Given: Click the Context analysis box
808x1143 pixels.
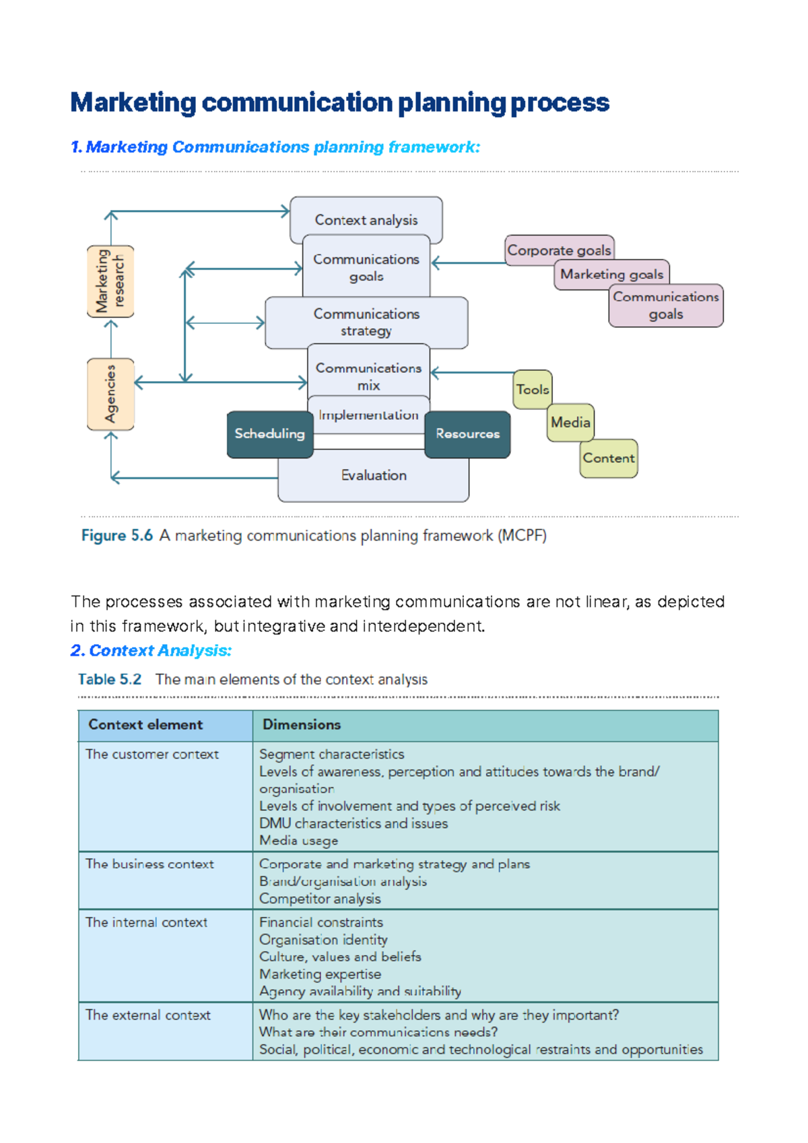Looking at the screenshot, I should (366, 219).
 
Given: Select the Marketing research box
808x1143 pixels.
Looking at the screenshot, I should (110, 281).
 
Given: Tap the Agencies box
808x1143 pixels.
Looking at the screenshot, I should (110, 394).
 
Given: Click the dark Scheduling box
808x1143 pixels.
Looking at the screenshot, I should (269, 434).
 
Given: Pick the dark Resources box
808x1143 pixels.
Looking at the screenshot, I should (467, 434).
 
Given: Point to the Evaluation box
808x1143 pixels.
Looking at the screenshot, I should (373, 476).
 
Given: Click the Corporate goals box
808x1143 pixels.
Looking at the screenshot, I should (559, 250).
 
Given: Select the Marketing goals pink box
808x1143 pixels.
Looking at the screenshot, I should (611, 275).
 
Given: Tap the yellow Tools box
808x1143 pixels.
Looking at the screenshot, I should (532, 390).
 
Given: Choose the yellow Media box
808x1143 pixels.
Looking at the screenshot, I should (570, 423).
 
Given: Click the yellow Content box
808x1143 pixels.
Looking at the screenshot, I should (608, 458).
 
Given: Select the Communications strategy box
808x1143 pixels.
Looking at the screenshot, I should (366, 322).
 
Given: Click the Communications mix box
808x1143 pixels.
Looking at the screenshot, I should (368, 376).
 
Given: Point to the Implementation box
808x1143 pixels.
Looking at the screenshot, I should (368, 415).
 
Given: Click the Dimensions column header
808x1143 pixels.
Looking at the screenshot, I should (302, 725).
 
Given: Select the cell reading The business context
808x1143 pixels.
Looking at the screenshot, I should (149, 864).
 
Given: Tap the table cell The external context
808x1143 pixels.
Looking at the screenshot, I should (148, 1015).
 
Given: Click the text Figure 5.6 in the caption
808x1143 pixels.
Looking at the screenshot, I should (116, 536).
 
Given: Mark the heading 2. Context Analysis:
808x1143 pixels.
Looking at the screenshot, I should (151, 651).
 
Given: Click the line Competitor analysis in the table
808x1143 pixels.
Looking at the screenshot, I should (320, 899).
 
